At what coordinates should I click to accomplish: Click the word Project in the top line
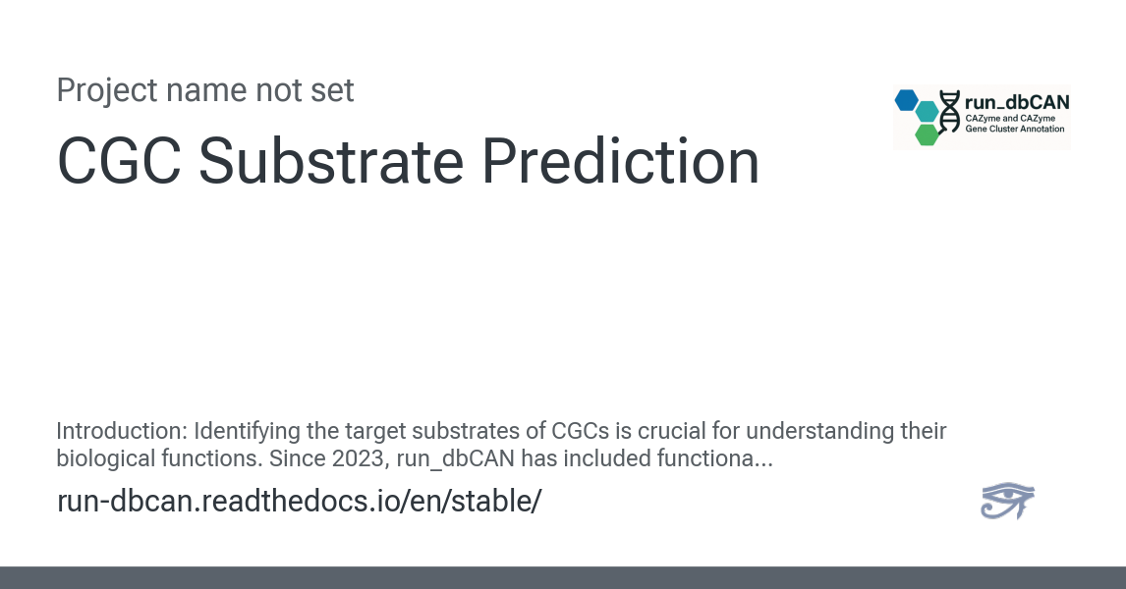pyautogui.click(x=107, y=91)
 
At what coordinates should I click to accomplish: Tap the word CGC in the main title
pyautogui.click(x=119, y=161)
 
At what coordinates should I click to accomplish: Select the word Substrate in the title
pyautogui.click(x=330, y=161)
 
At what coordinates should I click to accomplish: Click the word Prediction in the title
pyautogui.click(x=620, y=161)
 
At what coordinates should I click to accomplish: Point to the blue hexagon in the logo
pyautogui.click(x=906, y=100)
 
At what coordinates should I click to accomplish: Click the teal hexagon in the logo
pyautogui.click(x=928, y=112)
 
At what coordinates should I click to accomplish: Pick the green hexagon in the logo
pyautogui.click(x=928, y=134)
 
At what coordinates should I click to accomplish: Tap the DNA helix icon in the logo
pyautogui.click(x=949, y=112)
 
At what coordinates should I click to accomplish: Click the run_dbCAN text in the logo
pyautogui.click(x=1017, y=103)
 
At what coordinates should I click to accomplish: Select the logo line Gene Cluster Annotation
pyautogui.click(x=1015, y=130)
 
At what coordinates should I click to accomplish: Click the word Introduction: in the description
pyautogui.click(x=122, y=431)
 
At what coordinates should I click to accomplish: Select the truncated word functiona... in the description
pyautogui.click(x=714, y=458)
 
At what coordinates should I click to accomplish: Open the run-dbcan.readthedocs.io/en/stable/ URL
pyautogui.click(x=300, y=501)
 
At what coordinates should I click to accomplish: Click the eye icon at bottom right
pyautogui.click(x=1007, y=501)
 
